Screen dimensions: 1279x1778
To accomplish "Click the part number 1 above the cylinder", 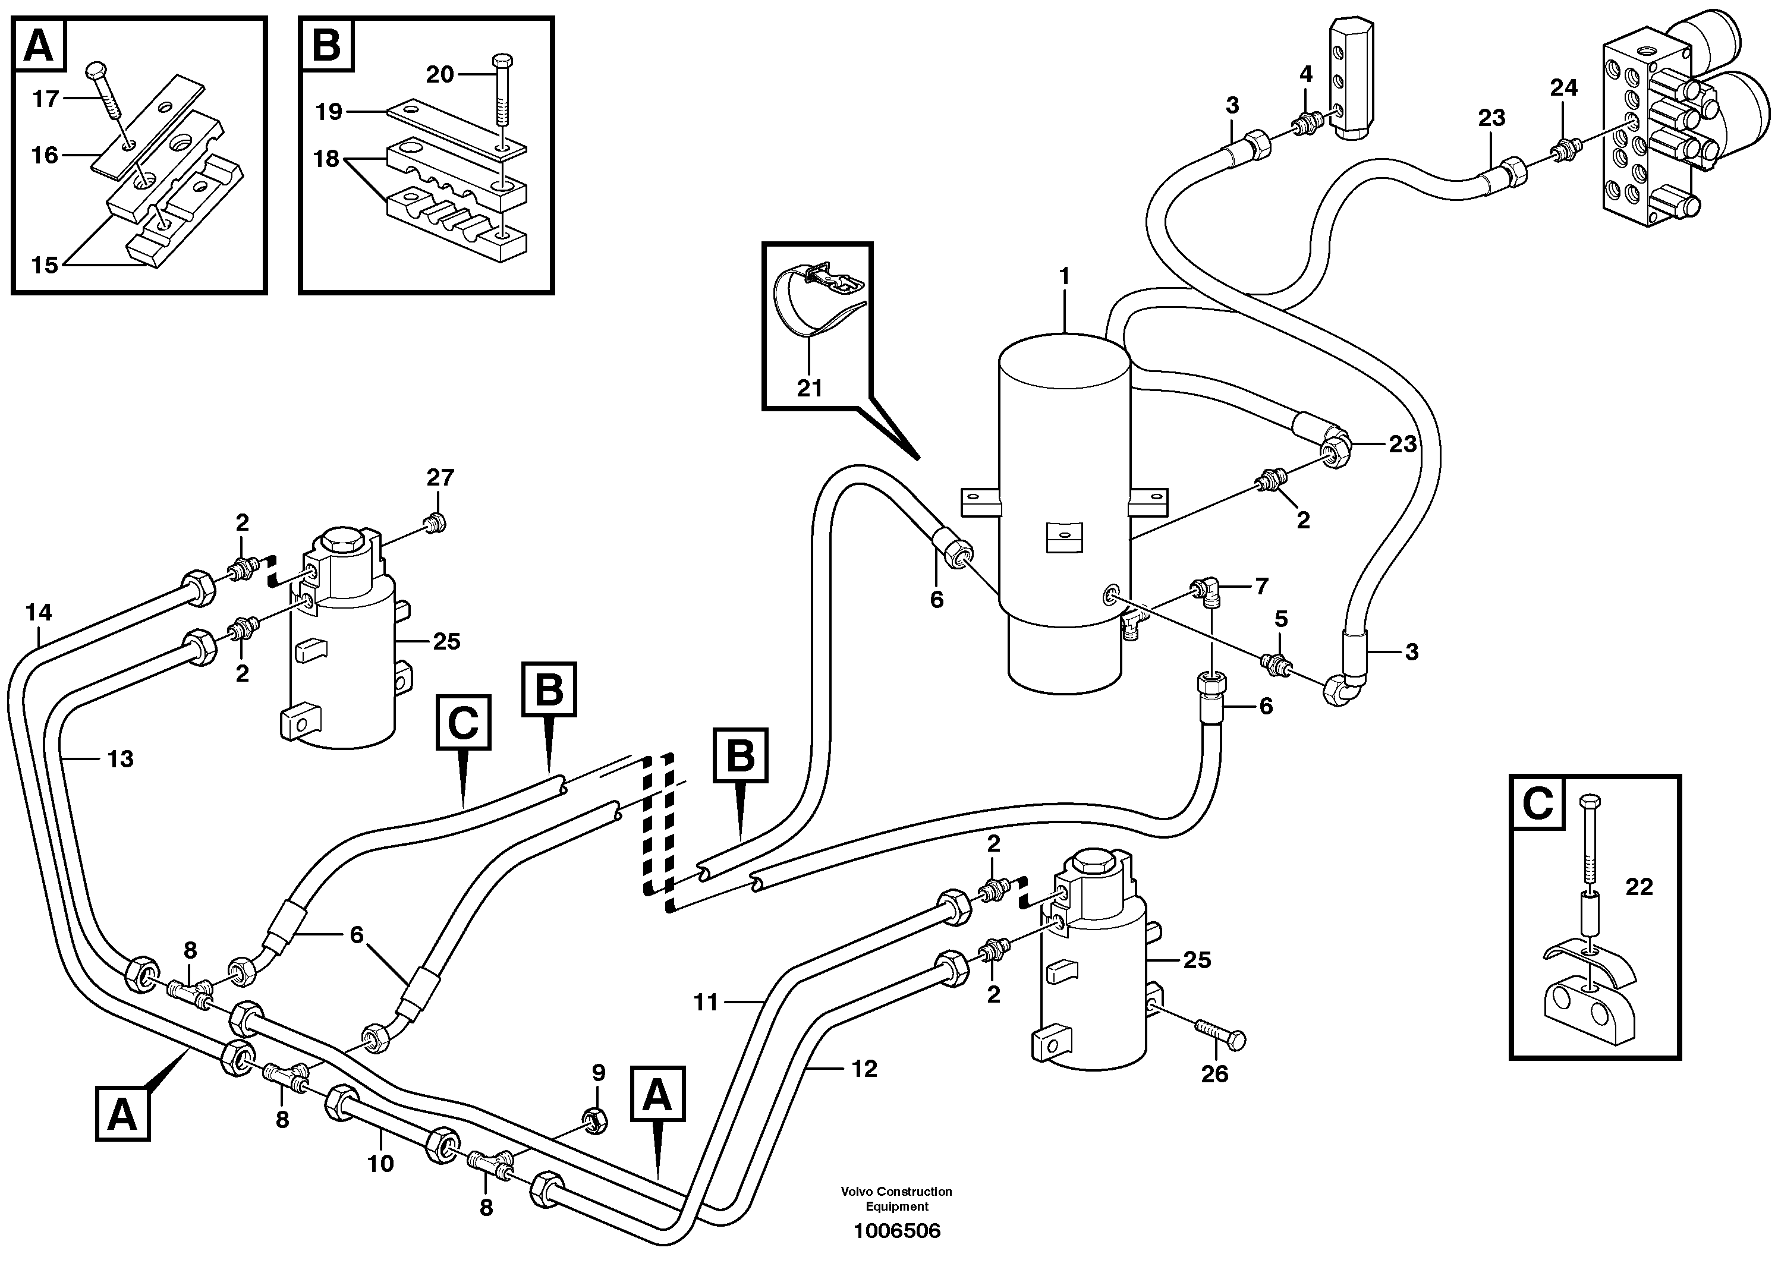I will (x=1064, y=276).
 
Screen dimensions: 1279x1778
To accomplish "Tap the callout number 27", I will (x=440, y=477).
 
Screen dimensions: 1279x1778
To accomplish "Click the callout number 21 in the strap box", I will (x=809, y=388).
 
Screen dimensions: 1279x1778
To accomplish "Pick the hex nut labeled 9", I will (x=594, y=1122).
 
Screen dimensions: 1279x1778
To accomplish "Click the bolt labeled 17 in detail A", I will (x=108, y=93).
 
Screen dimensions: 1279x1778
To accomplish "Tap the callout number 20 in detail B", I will (x=440, y=74).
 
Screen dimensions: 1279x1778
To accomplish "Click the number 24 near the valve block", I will (x=1563, y=88).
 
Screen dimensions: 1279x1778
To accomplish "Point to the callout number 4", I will (x=1305, y=74).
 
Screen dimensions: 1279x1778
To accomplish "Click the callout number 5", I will (x=1280, y=619).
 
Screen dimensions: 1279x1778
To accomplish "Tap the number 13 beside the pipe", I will (x=120, y=758).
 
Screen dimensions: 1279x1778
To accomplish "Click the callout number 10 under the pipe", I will (x=380, y=1164).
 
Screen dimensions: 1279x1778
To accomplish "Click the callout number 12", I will (x=864, y=1069).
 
